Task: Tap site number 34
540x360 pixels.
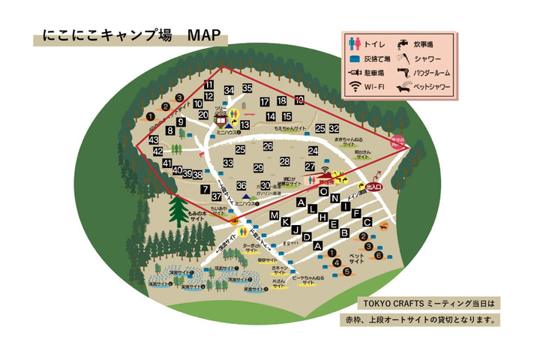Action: tap(229, 91)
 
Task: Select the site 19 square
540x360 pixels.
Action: tap(299, 100)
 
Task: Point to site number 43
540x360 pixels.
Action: tap(153, 140)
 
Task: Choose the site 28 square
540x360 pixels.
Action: tap(285, 161)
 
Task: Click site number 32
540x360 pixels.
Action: tap(334, 129)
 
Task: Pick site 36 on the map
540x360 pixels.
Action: tap(241, 185)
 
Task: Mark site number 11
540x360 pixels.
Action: tap(208, 85)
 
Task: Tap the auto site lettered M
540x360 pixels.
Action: tap(274, 216)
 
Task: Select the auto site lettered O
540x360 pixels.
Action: tap(324, 191)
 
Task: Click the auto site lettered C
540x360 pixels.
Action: tap(367, 222)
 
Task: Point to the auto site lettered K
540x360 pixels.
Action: tap(286, 222)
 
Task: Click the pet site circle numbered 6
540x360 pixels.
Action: tap(379, 255)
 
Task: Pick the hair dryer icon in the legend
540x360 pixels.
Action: tap(404, 72)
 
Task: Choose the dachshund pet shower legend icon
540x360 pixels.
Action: tap(404, 88)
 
